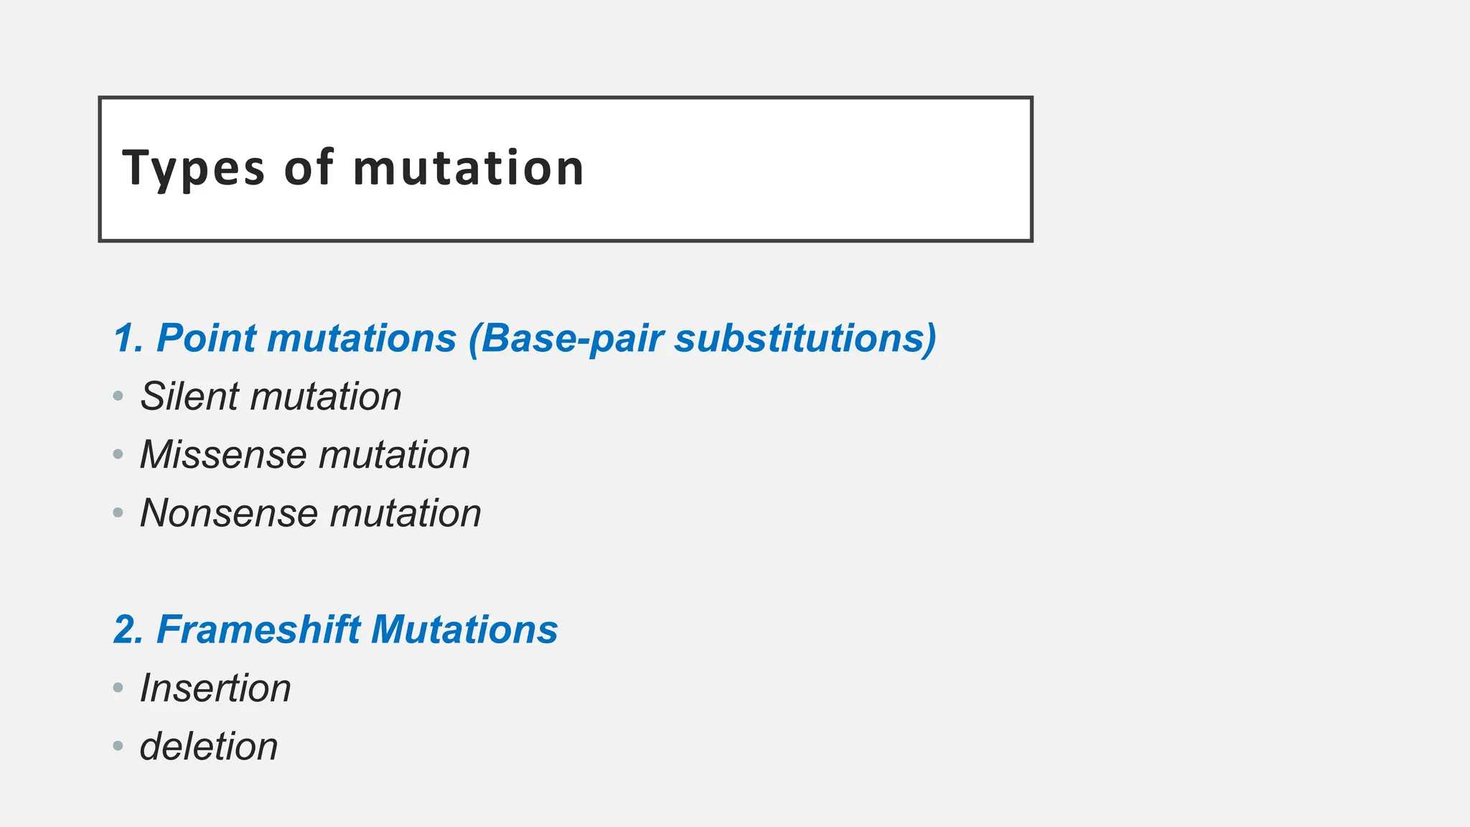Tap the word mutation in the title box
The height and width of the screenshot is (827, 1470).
pos(469,168)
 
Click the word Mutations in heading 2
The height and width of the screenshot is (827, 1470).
pos(464,630)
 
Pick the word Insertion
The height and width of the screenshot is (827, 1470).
pos(215,688)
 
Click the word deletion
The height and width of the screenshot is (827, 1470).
pos(209,747)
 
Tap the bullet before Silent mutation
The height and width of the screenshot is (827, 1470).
pos(118,396)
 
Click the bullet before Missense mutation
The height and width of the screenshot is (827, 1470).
pos(118,454)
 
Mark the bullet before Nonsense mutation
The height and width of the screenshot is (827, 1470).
pos(118,513)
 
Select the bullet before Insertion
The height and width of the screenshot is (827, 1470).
pos(118,688)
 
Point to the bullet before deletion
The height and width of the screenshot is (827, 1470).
pos(118,747)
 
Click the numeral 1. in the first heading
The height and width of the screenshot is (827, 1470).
pos(129,338)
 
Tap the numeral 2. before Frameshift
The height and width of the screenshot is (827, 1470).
pos(129,630)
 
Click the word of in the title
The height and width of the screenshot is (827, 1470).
pos(309,168)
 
